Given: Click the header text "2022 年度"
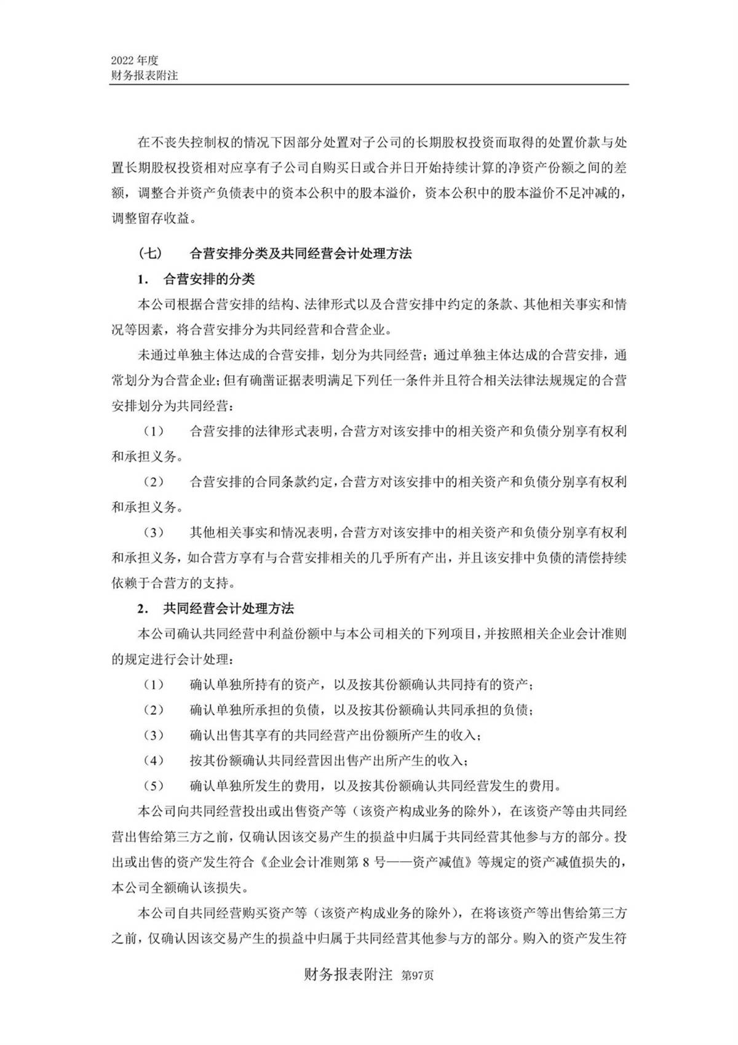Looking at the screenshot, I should [135, 60].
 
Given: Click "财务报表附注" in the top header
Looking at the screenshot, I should [145, 76].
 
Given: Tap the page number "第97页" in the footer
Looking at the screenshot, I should [417, 976].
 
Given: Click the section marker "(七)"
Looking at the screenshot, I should [151, 253].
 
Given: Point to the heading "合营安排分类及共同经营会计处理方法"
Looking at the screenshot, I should [301, 253].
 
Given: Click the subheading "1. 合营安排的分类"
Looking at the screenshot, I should [196, 279].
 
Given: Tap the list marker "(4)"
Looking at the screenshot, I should [154, 760].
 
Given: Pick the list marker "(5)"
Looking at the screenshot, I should [154, 785].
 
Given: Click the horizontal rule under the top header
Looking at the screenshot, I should [369, 85].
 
